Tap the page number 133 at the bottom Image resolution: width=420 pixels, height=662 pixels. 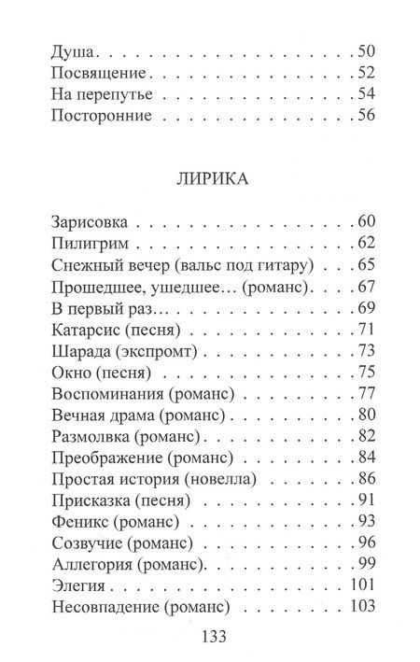tap(209, 637)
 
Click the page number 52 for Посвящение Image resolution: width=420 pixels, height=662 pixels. tap(365, 71)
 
